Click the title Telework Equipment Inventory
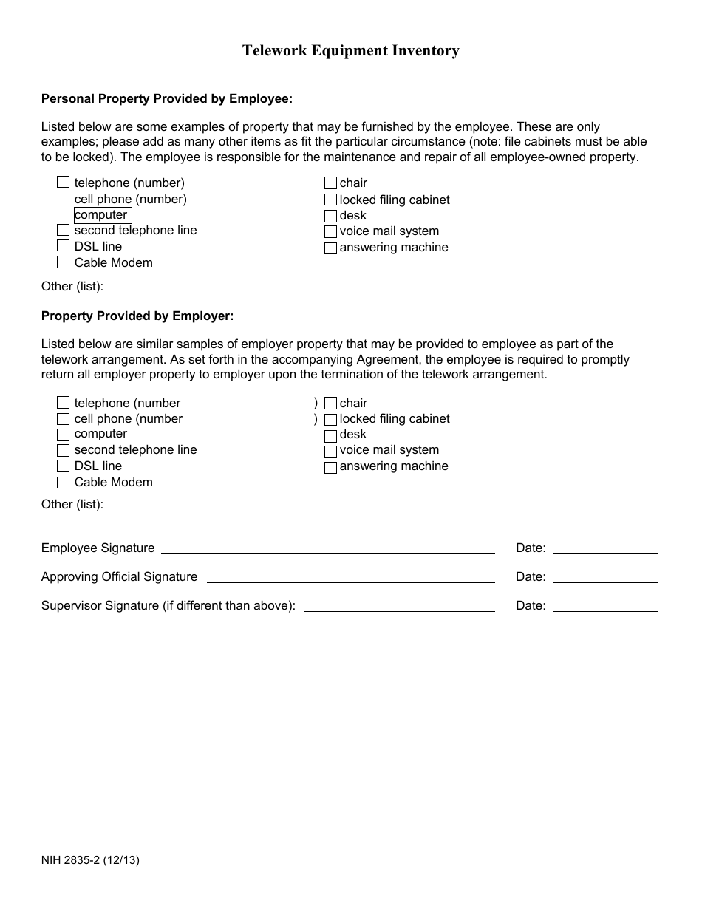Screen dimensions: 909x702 click(x=351, y=50)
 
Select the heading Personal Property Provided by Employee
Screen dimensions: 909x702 click(x=167, y=98)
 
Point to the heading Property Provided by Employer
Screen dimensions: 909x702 click(x=137, y=316)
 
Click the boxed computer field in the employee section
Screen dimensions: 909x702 click(x=103, y=215)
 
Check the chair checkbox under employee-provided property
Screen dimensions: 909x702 click(x=330, y=183)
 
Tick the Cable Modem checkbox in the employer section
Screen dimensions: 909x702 click(x=63, y=483)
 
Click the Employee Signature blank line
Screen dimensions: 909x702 click(x=327, y=548)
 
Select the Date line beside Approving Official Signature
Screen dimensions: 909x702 click(x=604, y=577)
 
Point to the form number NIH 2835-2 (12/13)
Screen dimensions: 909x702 click(x=90, y=860)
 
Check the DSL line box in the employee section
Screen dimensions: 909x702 click(x=63, y=246)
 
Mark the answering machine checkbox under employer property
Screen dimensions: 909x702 click(x=330, y=467)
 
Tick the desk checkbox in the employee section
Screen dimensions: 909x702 click(x=330, y=216)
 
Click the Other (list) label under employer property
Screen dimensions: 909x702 click(x=72, y=504)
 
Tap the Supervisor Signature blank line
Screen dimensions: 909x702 click(x=399, y=606)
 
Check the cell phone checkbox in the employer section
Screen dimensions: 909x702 click(x=63, y=419)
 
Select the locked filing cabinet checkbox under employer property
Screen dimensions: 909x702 click(x=330, y=419)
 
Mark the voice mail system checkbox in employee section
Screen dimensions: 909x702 click(x=330, y=232)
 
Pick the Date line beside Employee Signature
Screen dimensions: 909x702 click(x=604, y=548)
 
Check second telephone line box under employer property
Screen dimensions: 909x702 click(x=63, y=450)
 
